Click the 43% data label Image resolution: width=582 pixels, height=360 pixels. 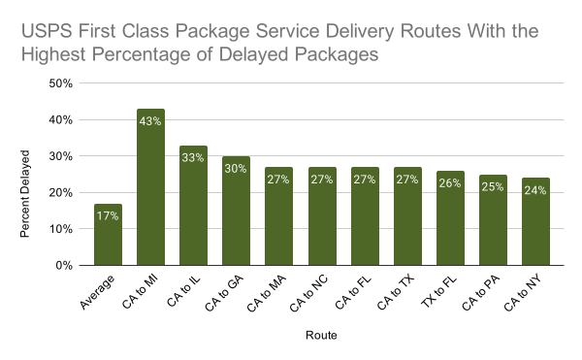pos(150,121)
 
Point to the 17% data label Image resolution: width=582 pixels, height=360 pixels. pos(108,215)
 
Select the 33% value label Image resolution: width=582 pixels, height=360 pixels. pos(193,157)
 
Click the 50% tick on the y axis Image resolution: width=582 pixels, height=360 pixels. pos(61,83)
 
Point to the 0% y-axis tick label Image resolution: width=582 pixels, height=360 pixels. pos(65,265)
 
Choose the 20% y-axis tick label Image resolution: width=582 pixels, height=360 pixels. pos(61,192)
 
